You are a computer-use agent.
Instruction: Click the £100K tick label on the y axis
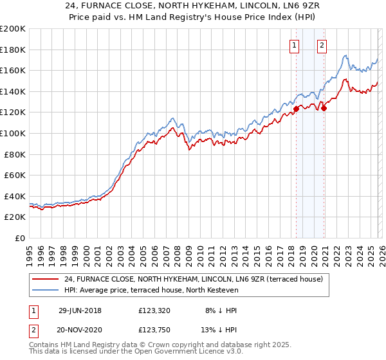click(x=13, y=133)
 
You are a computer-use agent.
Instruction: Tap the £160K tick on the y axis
click(x=13, y=70)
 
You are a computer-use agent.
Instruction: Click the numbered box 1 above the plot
click(x=294, y=45)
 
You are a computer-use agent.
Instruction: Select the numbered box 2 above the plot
click(x=322, y=45)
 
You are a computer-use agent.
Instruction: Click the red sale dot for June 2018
click(x=296, y=109)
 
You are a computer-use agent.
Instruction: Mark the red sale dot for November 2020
click(x=324, y=108)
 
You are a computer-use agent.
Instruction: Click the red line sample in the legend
click(x=46, y=279)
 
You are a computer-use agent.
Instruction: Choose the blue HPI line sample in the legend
click(x=46, y=291)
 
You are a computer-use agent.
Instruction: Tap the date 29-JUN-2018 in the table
click(x=80, y=310)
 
